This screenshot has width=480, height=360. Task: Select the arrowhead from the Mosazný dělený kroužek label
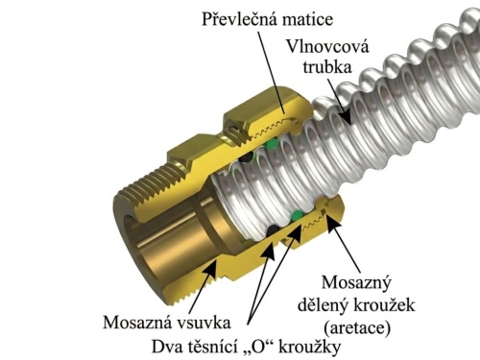329,218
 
